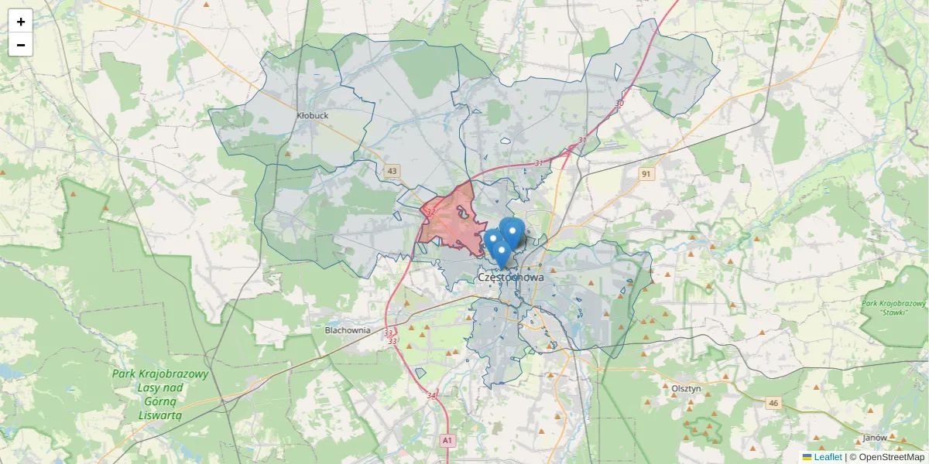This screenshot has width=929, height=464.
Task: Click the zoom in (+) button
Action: [21, 22]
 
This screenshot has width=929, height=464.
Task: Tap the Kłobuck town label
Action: [313, 115]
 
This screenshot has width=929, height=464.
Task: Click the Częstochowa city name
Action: [510, 277]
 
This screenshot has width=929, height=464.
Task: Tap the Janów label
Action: [875, 438]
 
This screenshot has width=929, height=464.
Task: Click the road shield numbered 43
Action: [393, 171]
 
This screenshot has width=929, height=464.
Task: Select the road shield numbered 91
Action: [646, 174]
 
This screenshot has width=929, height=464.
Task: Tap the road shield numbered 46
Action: [773, 403]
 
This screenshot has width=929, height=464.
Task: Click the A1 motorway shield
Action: [447, 440]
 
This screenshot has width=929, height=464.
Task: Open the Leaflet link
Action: [827, 457]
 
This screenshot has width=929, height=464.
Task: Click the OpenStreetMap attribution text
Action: [886, 457]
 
